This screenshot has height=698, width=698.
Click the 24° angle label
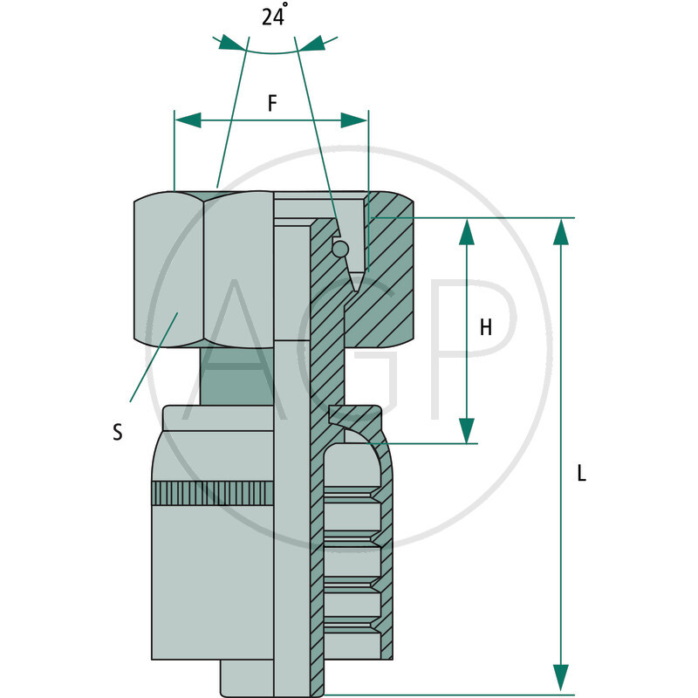tap(274, 17)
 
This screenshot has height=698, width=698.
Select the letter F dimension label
tap(272, 103)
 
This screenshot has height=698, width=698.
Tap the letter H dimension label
tap(486, 327)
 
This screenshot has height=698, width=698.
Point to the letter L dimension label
tap(582, 474)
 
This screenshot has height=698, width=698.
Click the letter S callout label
tap(117, 431)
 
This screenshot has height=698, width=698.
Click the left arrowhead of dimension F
tap(188, 120)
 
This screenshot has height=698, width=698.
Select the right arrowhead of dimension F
tap(354, 120)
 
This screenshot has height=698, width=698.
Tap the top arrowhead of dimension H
tap(467, 231)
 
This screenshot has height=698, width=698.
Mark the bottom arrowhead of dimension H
tap(467, 430)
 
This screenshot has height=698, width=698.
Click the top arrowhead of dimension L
tap(562, 231)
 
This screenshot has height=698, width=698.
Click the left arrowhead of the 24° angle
tap(231, 43)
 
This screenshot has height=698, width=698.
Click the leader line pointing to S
tap(154, 358)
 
